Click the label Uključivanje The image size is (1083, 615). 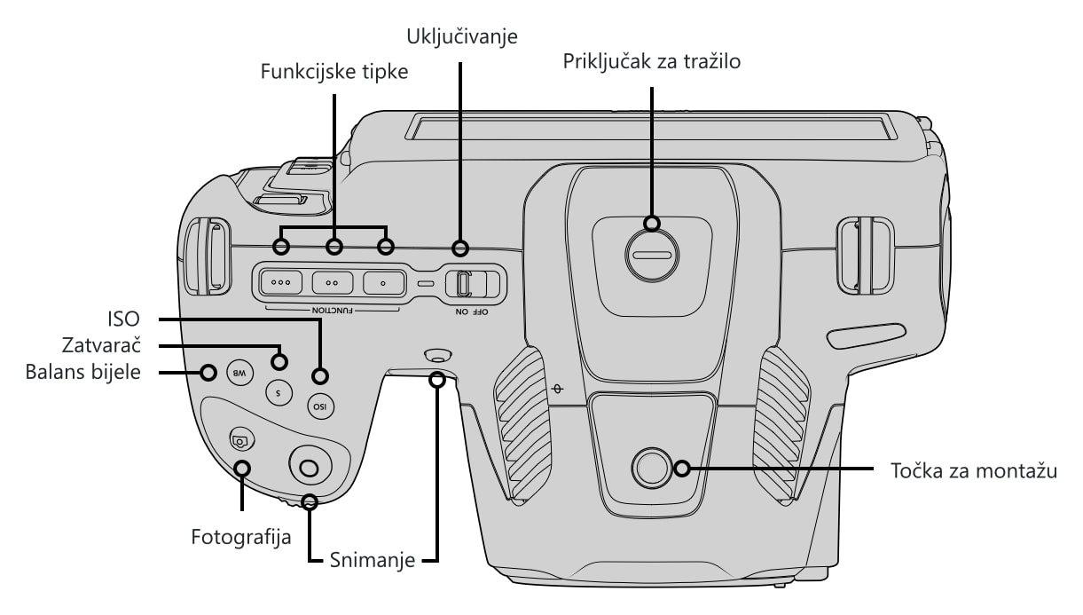462,37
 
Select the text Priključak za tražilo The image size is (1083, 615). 652,62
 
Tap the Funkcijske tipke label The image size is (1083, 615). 334,72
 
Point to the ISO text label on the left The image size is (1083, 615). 124,319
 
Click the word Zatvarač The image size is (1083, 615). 101,345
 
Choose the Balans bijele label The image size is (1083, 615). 83,372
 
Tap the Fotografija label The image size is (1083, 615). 241,537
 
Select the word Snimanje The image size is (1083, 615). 373,560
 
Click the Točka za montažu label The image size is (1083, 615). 974,471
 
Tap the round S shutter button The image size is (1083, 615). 279,392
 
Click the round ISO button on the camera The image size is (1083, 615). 320,406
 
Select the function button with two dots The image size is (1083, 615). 332,283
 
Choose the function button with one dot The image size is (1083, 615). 383,283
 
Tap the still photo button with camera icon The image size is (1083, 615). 242,440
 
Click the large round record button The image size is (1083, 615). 310,466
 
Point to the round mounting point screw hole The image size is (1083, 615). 652,468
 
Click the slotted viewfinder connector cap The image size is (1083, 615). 652,256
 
